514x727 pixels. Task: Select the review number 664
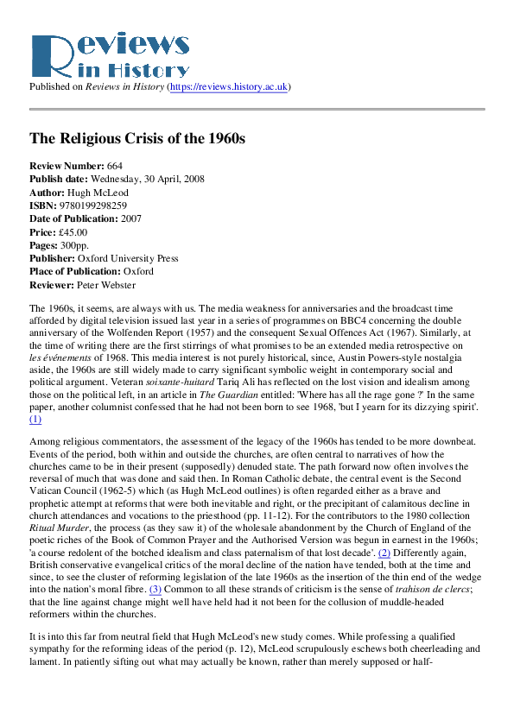[x=115, y=165]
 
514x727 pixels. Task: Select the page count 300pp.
[x=75, y=247]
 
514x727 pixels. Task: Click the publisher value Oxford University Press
[x=128, y=261]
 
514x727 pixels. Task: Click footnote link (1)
[x=35, y=419]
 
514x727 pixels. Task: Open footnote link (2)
[x=385, y=552]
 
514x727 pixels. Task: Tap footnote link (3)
[x=155, y=590]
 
